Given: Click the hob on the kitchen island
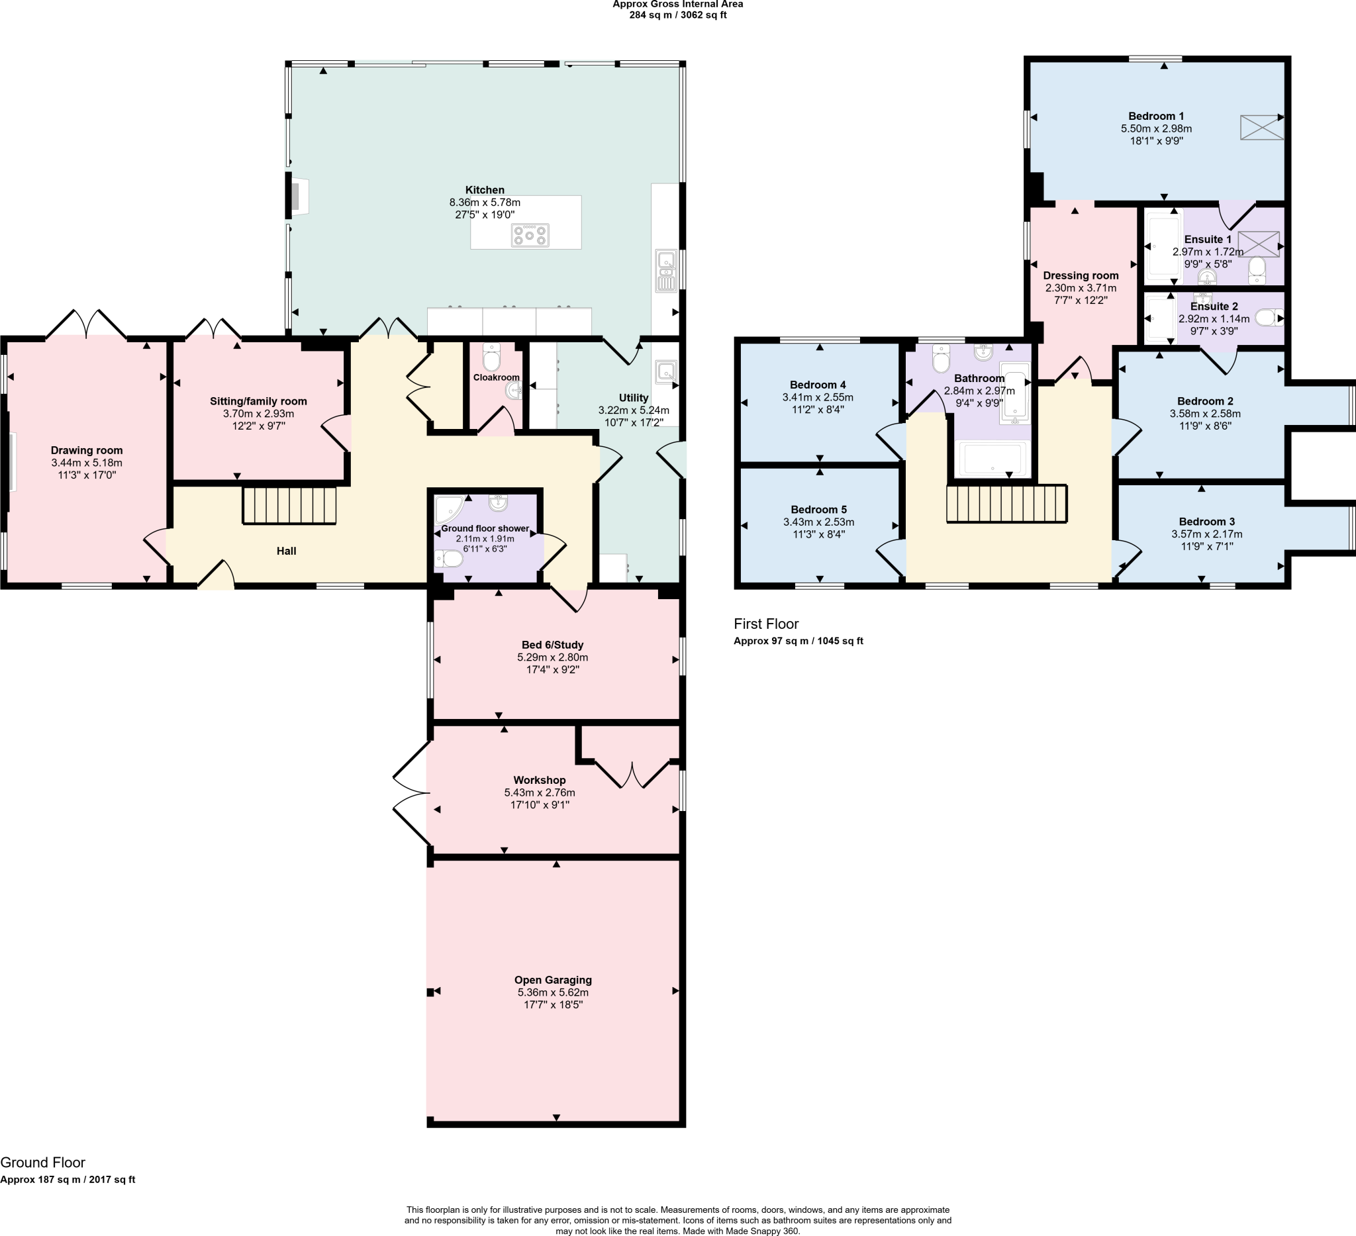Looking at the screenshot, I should point(530,236).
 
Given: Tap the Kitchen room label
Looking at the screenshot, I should point(484,190).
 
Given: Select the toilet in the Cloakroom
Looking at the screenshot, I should point(492,357).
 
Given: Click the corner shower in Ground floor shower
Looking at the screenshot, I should point(448,510).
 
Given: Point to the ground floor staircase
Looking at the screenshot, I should point(289,505).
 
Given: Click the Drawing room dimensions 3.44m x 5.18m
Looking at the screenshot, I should point(87,463).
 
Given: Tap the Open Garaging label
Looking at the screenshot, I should point(553,980).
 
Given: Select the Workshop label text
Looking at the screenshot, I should point(540,780).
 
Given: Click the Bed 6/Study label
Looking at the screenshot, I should point(552,644).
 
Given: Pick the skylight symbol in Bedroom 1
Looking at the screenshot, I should point(1261,127).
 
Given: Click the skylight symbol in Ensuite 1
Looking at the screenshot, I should point(1258,244).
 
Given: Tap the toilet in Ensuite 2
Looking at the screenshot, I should point(1267,317).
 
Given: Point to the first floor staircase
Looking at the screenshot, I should point(1006,504).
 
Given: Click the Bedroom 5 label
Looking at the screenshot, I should point(818,509).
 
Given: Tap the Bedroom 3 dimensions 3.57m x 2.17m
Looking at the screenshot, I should point(1206,534).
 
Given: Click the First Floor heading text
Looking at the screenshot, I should point(765,624).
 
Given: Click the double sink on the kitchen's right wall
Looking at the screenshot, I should point(666,271).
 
